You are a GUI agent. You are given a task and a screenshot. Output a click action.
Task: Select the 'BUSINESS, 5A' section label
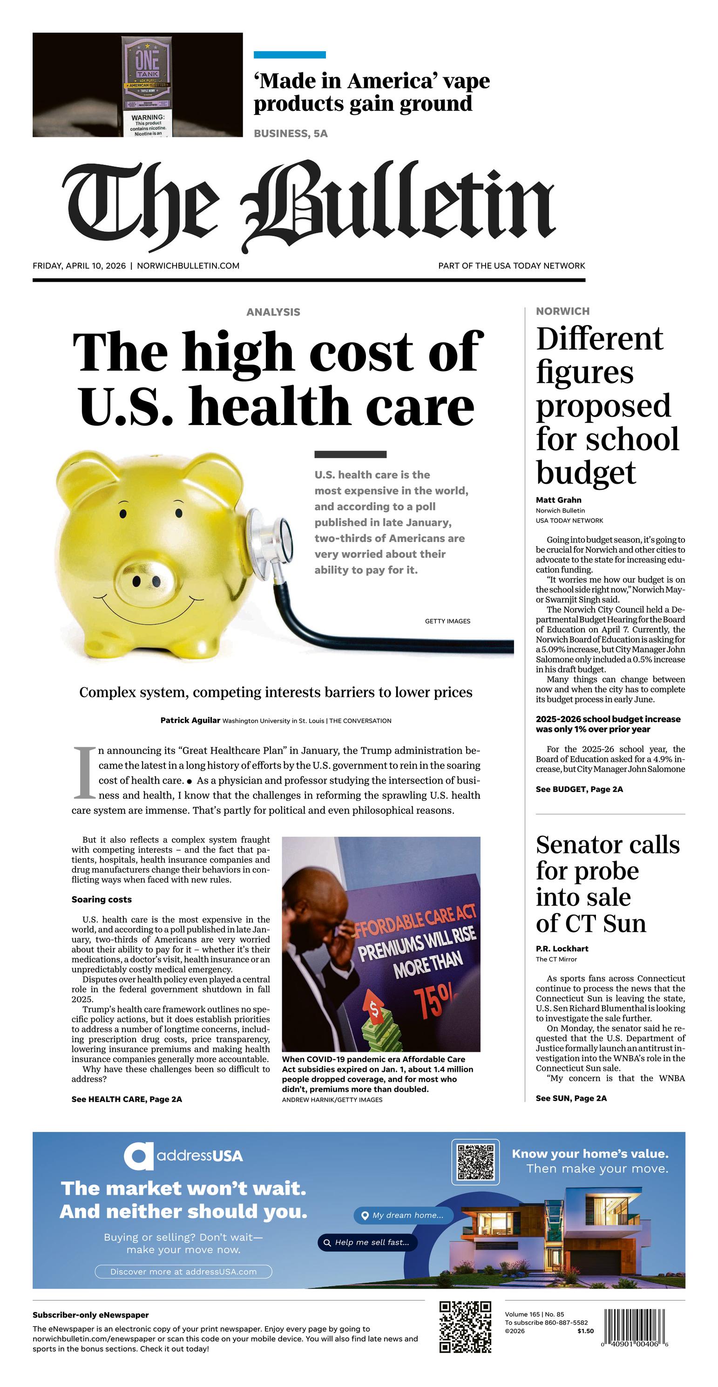coord(291,134)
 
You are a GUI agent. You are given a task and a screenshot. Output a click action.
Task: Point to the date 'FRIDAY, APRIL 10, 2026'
coord(79,266)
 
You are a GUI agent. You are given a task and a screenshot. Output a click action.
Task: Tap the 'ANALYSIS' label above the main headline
coord(273,312)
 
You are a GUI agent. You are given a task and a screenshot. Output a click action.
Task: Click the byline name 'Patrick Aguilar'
coord(190,720)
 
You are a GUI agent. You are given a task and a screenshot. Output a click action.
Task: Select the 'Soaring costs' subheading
coord(101,899)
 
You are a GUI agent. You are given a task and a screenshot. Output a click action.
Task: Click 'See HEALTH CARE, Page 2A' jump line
coord(127,1099)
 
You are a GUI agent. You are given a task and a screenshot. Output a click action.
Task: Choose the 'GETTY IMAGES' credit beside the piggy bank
coord(447,622)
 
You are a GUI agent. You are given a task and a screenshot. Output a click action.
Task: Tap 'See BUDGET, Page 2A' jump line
coord(579,789)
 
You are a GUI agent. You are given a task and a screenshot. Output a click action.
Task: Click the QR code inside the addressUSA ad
coord(475,1162)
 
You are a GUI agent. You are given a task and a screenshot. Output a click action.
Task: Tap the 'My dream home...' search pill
coord(403,1215)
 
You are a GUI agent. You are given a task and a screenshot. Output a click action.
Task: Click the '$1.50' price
coord(585,1331)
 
